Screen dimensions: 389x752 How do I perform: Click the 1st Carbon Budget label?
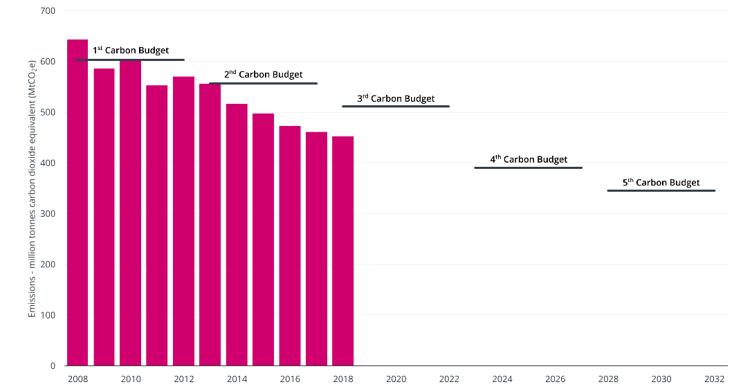pos(131,51)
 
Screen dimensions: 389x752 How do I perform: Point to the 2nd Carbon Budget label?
pos(263,74)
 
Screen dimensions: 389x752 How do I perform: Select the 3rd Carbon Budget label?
pos(396,98)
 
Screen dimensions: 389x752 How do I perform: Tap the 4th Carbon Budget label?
pos(529,159)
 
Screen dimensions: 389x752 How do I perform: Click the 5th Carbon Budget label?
pos(661,183)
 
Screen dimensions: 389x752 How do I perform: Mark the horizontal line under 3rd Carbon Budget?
pos(396,107)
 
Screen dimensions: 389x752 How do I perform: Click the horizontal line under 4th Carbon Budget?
pos(529,168)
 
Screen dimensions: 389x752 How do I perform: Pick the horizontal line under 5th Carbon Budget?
pos(661,190)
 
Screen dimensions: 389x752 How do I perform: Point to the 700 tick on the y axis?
pos(50,11)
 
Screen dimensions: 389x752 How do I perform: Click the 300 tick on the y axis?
pos(50,214)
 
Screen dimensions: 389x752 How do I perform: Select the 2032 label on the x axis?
pos(714,379)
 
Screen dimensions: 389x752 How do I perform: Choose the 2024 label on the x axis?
pos(502,379)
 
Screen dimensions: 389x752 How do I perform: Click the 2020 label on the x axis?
pos(396,379)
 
